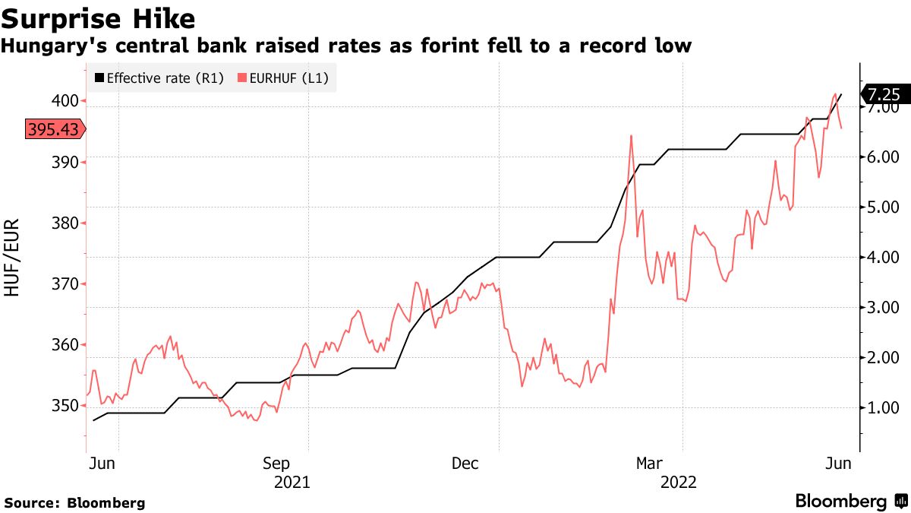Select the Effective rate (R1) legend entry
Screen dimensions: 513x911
tap(159, 78)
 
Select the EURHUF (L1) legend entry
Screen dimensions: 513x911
tap(283, 78)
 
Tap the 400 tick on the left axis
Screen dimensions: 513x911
tap(66, 100)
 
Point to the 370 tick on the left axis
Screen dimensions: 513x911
tap(66, 283)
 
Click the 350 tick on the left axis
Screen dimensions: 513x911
tap(66, 406)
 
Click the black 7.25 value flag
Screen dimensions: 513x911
tap(883, 95)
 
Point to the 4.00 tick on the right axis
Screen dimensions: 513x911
tap(883, 258)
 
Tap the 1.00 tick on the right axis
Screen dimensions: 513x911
tap(883, 408)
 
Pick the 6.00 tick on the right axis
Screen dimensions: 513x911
tap(883, 157)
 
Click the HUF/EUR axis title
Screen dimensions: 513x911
tap(13, 258)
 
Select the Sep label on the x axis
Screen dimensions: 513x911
tap(276, 464)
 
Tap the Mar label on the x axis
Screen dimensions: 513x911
tap(650, 464)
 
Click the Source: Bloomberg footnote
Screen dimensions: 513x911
tap(74, 502)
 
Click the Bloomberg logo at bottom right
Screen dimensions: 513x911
tap(850, 502)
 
